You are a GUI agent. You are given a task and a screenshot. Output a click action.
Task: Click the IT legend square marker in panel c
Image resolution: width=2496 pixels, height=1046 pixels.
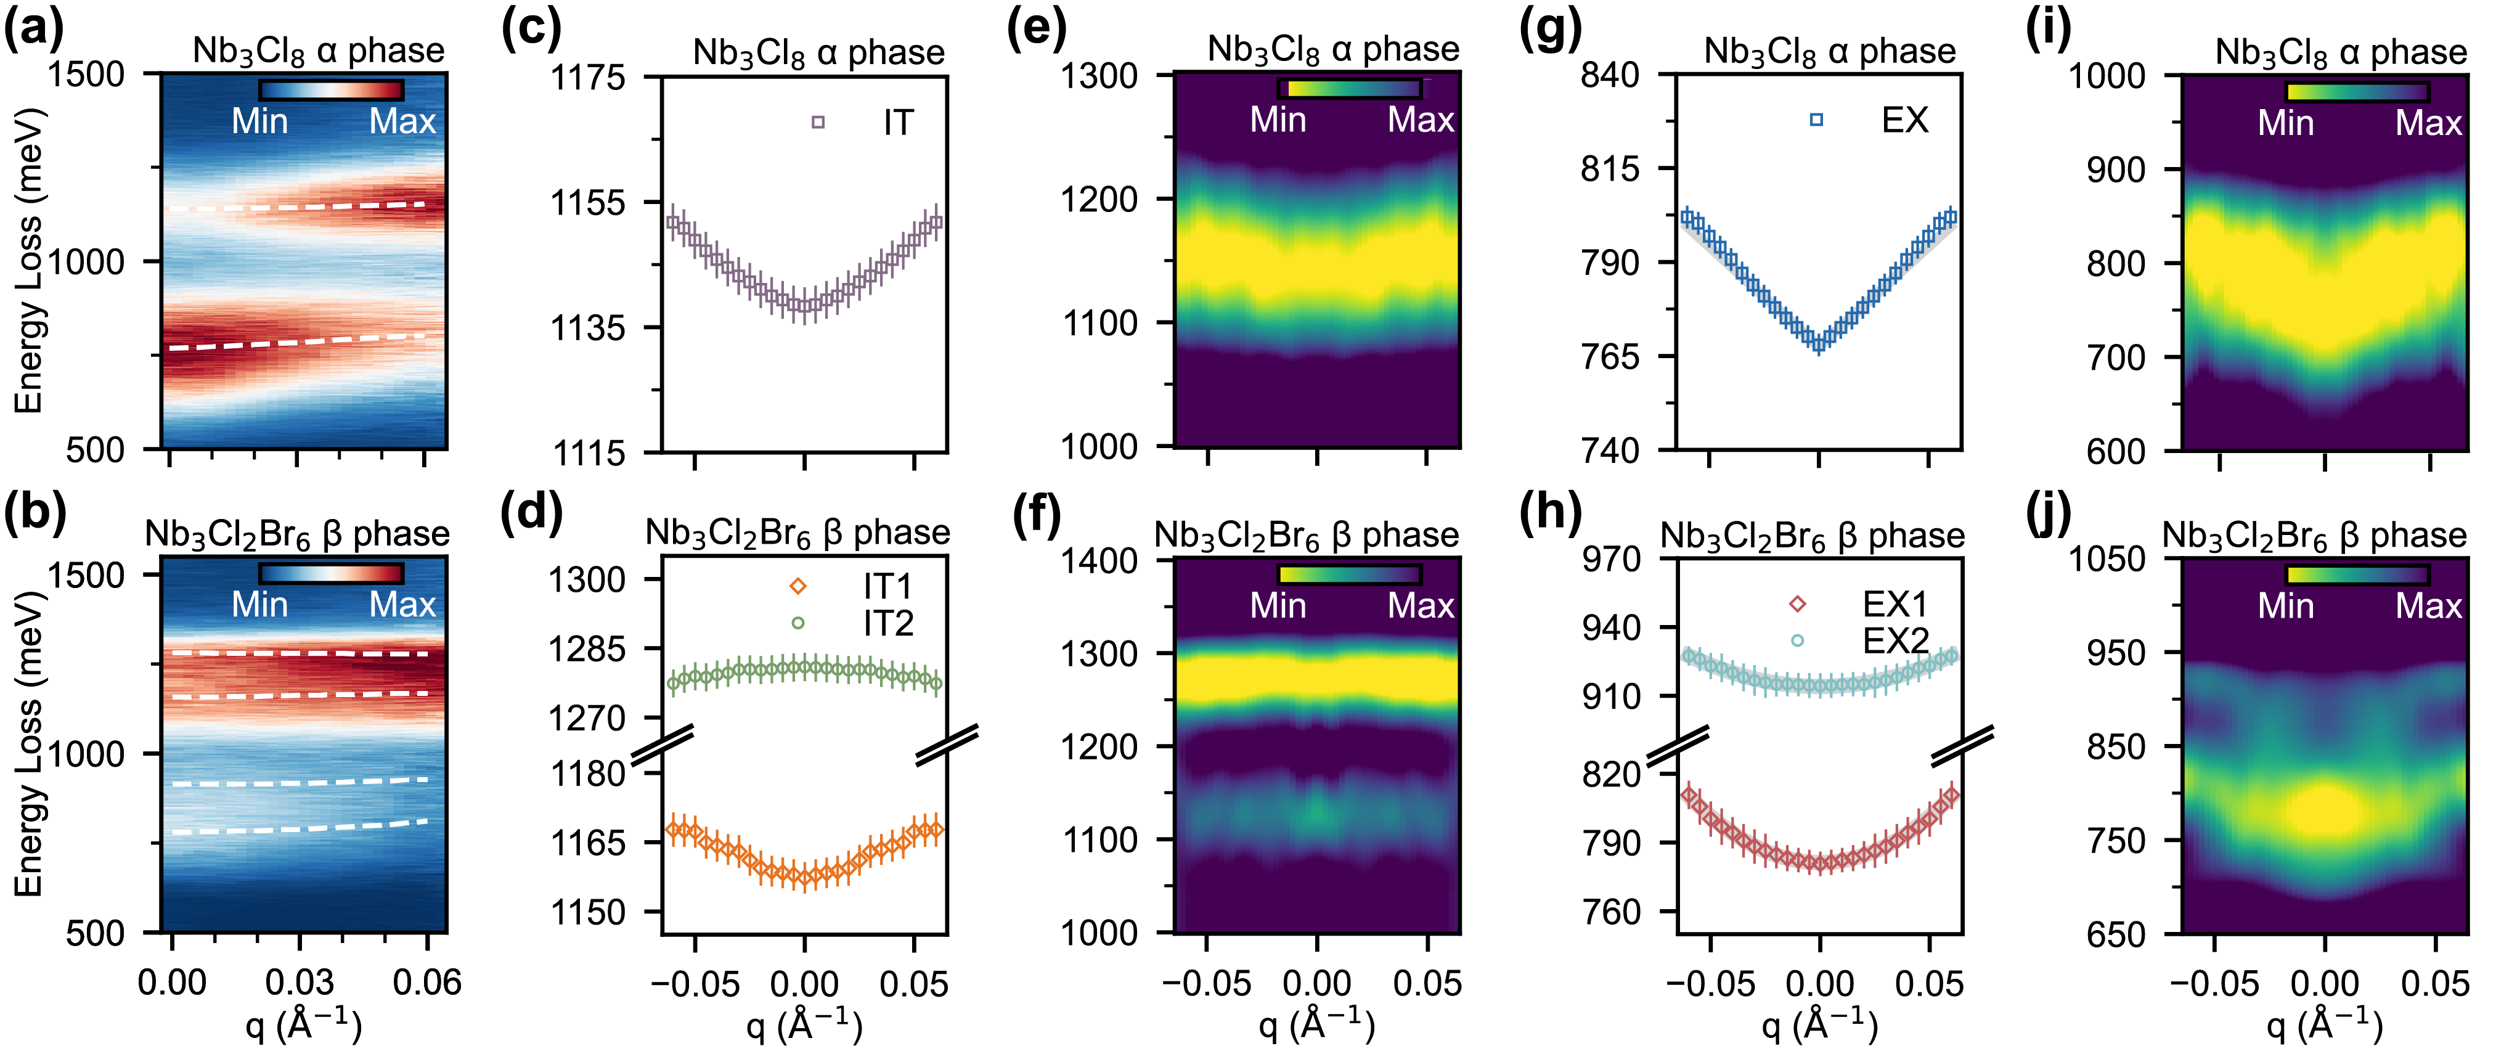point(818,122)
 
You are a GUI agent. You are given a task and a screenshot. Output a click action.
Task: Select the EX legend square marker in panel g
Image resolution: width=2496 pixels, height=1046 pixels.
point(1816,119)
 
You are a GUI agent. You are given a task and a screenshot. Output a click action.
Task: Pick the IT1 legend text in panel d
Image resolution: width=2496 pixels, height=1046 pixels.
point(887,587)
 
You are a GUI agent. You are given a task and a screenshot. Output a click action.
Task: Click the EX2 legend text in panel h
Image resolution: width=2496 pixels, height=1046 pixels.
point(1895,641)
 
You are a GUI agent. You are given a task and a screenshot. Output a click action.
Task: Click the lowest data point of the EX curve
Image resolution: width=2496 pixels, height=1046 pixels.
point(1819,341)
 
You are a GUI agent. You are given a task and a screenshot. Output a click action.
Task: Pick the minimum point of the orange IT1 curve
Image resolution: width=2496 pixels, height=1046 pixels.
point(803,877)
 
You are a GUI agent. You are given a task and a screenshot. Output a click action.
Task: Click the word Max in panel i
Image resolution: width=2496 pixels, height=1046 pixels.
point(2428,123)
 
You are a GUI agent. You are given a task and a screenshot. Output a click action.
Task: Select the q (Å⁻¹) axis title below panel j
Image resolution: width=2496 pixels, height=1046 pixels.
point(2323,1024)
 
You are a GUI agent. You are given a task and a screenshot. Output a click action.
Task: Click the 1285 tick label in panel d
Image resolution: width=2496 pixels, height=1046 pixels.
point(587,648)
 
